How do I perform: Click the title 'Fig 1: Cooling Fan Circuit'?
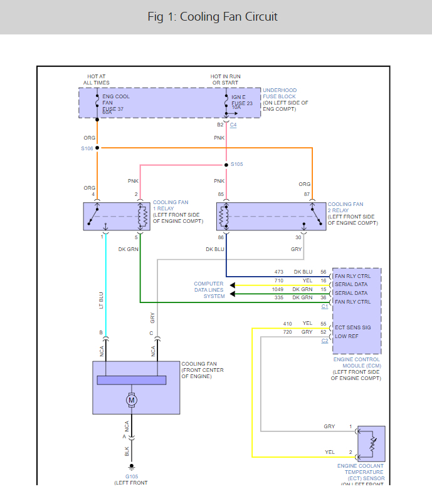pyautogui.click(x=213, y=16)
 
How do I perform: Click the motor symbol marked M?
pyautogui.click(x=132, y=399)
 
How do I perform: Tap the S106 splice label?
pyautogui.click(x=87, y=148)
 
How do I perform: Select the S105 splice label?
pyautogui.click(x=236, y=164)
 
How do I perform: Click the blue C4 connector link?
pyautogui.click(x=233, y=125)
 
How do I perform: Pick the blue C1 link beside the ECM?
pyautogui.click(x=324, y=306)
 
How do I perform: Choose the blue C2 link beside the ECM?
pyautogui.click(x=324, y=341)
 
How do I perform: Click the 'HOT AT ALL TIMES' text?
pyautogui.click(x=97, y=80)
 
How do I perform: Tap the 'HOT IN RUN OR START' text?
pyautogui.click(x=225, y=80)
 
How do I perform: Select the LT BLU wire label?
pyautogui.click(x=101, y=301)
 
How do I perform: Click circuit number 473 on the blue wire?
pyautogui.click(x=278, y=272)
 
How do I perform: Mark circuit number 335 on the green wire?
pyautogui.click(x=278, y=297)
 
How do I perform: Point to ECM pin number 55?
pyautogui.click(x=324, y=324)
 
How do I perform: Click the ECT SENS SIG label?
pyautogui.click(x=352, y=327)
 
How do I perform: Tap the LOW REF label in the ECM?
pyautogui.click(x=346, y=336)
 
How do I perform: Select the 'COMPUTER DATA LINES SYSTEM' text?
pyautogui.click(x=208, y=290)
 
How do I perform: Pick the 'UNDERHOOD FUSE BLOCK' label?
pyautogui.click(x=280, y=93)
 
